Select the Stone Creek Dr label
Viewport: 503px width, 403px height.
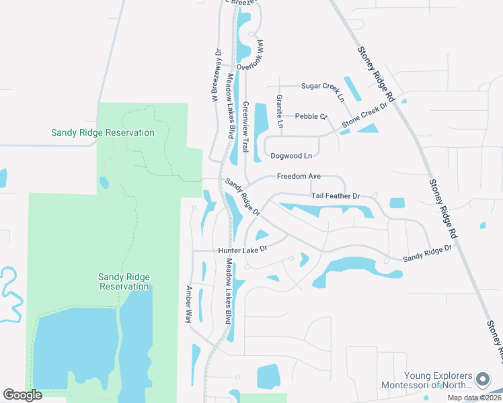[365, 115]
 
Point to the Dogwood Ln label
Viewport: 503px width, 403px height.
[291, 156]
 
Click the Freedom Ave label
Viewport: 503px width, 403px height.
[299, 177]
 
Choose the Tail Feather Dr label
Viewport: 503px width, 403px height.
[336, 196]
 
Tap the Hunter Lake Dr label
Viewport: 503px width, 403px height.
[243, 249]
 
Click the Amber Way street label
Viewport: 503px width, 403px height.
[189, 304]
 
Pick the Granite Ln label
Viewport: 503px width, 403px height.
[279, 108]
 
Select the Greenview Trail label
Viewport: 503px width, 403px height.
[246, 126]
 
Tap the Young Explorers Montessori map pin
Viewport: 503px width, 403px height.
[482, 379]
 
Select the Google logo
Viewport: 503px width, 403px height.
[22, 395]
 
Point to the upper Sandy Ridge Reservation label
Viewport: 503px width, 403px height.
[103, 132]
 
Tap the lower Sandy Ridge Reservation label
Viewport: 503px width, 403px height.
[124, 281]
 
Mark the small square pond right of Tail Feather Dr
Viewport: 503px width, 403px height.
[397, 202]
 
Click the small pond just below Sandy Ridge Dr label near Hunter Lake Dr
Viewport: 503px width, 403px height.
[262, 234]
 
